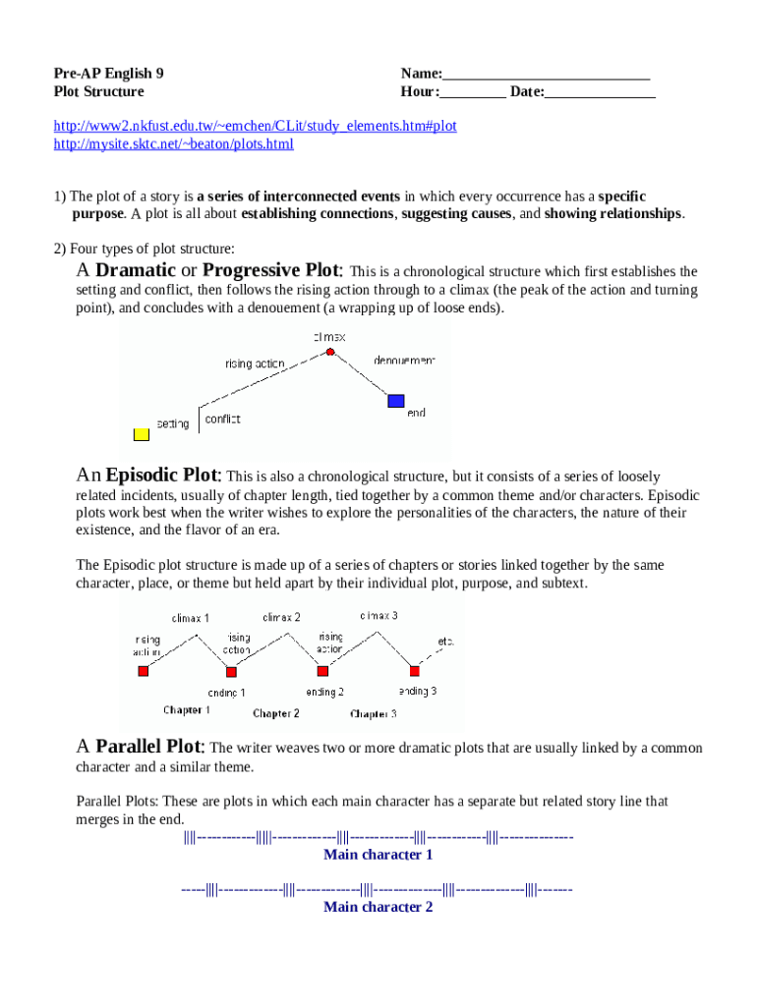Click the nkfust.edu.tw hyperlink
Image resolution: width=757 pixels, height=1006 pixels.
coord(255,127)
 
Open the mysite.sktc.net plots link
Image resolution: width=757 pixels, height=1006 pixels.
coord(173,144)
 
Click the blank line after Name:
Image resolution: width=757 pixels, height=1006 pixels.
coord(547,74)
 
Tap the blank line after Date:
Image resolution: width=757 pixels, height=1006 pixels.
coord(600,92)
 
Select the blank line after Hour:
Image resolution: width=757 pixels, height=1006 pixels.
coord(473,92)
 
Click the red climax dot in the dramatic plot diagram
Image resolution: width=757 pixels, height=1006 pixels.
coord(330,351)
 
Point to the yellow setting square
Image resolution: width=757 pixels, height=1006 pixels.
coord(142,433)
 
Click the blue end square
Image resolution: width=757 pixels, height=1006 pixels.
coord(396,400)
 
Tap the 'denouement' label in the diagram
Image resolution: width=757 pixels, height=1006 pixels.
coord(404,361)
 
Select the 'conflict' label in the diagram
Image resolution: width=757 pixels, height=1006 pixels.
coord(222,419)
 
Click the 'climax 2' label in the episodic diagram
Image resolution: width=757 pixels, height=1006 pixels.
coord(281,617)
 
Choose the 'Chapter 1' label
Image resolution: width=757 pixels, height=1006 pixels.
coord(187,709)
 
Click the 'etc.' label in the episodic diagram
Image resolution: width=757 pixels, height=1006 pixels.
coord(445,643)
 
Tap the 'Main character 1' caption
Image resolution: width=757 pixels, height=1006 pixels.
coord(378,855)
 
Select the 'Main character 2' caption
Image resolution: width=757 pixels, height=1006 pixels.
coord(378,907)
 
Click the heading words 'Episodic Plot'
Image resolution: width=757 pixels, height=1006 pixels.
coord(163,475)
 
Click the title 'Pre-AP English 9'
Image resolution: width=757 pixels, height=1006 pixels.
coord(108,74)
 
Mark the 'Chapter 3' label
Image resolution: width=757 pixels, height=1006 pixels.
coord(373,714)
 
